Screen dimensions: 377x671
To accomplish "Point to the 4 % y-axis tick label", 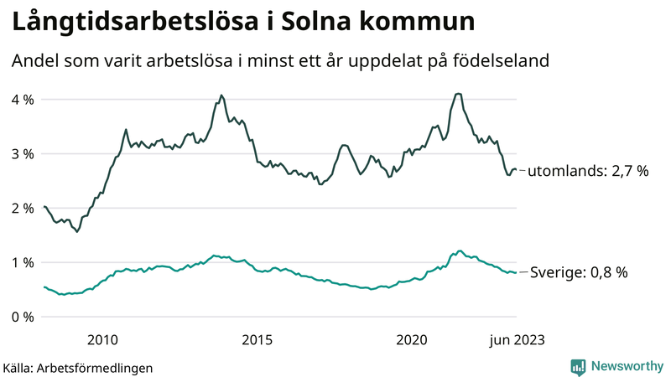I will (x=22, y=100).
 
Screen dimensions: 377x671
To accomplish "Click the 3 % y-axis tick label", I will (x=22, y=154).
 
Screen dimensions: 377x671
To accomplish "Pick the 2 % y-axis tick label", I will (x=22, y=209).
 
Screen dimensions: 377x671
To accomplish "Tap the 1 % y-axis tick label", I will (x=22, y=263).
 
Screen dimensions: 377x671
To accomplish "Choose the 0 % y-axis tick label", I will (x=22, y=318).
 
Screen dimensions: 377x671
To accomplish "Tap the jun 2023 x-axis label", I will (x=516, y=339).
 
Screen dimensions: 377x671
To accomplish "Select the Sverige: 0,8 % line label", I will (x=578, y=272).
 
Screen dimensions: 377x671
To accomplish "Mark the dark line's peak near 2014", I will (x=221, y=96).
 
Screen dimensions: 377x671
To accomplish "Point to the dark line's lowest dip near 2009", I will (x=77, y=231).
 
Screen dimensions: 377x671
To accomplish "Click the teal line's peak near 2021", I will (x=459, y=250).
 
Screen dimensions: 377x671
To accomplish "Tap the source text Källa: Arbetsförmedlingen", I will (x=78, y=368).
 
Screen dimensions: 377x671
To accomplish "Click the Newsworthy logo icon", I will (x=578, y=366).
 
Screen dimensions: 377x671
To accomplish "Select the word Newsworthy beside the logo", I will (x=626, y=366).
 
